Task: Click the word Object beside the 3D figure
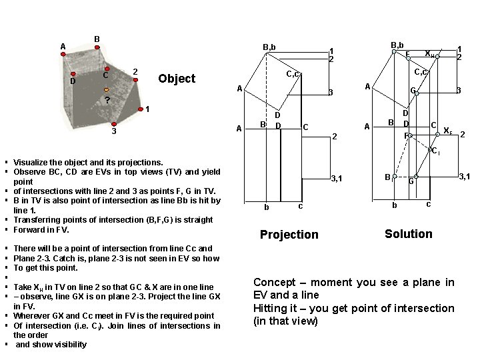177,79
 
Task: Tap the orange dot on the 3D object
106,89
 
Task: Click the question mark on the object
107,101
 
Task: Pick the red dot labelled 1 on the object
140,109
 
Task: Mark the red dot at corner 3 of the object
114,123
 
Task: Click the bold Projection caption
289,235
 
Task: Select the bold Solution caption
408,234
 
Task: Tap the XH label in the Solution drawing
430,53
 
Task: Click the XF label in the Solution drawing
447,131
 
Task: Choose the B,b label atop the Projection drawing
269,47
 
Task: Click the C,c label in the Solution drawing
421,72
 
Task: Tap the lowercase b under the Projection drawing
267,207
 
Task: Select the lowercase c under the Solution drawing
428,204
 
